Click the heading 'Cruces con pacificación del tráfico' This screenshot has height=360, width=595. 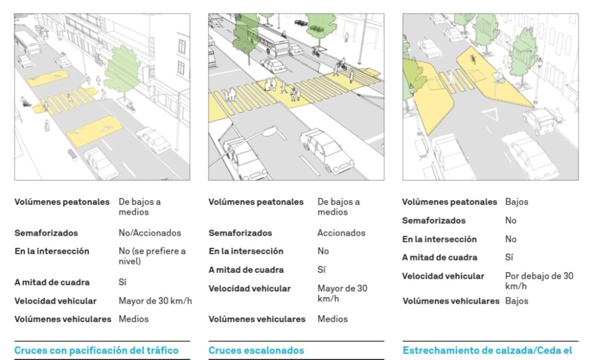pyautogui.click(x=96, y=350)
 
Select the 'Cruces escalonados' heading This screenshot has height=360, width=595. pyautogui.click(x=256, y=350)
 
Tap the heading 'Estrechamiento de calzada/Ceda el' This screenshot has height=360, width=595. pyautogui.click(x=487, y=350)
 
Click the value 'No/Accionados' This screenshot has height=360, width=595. pyautogui.click(x=149, y=233)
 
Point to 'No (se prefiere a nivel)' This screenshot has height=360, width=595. pyautogui.click(x=152, y=256)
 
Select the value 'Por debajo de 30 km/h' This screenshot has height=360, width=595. pyautogui.click(x=539, y=281)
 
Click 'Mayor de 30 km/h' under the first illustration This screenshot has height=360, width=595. pyautogui.click(x=155, y=301)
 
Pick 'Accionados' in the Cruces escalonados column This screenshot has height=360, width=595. pyautogui.click(x=341, y=233)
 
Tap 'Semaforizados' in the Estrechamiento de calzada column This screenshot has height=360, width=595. pyautogui.click(x=433, y=221)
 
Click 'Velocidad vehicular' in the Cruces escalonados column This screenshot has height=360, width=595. pyautogui.click(x=249, y=289)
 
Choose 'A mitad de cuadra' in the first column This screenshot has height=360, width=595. pyautogui.click(x=52, y=282)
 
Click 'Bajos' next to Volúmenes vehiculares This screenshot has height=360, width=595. pyautogui.click(x=517, y=301)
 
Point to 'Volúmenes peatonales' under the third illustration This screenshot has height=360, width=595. pyautogui.click(x=449, y=202)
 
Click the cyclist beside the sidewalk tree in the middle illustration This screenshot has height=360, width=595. pyautogui.click(x=316, y=52)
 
